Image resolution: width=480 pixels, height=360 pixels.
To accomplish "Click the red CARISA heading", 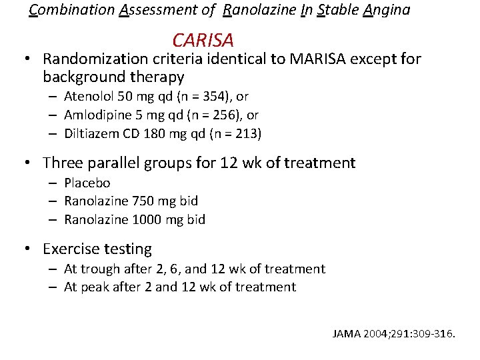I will pyautogui.click(x=203, y=41).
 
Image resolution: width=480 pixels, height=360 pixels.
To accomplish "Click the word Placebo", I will pyautogui.click(x=87, y=183).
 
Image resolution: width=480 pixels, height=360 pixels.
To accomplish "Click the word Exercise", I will pyautogui.click(x=69, y=249).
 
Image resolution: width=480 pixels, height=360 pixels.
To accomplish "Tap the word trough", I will pyautogui.click(x=99, y=269).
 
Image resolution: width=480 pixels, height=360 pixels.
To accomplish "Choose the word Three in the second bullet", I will pyautogui.click(x=61, y=163).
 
